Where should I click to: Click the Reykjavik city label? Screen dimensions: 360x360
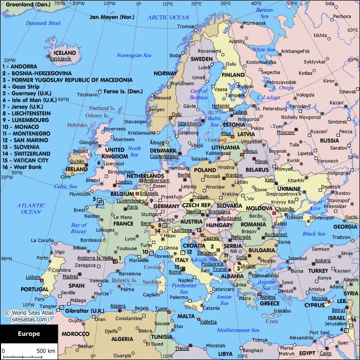[61, 59]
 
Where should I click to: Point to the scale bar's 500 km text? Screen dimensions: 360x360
[45, 351]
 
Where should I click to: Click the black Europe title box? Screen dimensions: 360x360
[29, 334]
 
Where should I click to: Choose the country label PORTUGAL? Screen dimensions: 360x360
[34, 289]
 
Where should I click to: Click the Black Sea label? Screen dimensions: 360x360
[314, 234]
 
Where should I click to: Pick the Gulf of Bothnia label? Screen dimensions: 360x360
[198, 94]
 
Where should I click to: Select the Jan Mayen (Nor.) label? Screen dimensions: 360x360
[112, 17]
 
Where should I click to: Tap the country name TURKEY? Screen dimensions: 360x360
[318, 270]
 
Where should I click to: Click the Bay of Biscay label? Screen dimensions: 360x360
[78, 228]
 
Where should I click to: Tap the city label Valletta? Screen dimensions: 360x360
[208, 322]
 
